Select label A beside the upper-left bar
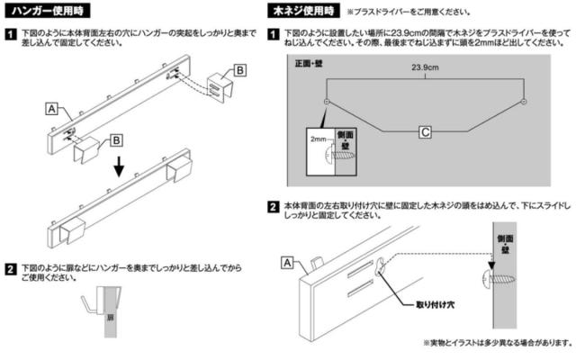(x=51, y=109)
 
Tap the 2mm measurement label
(x=317, y=140)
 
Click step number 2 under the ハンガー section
(x=9, y=267)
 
